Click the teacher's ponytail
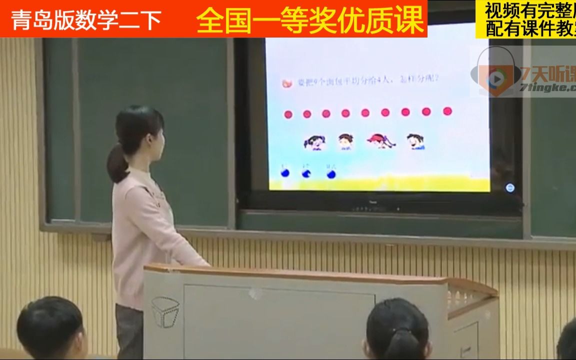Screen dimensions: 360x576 coord(117,162)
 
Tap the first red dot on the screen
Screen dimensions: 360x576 coord(288,114)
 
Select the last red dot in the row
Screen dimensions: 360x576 coord(447,111)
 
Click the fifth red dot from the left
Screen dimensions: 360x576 coord(365,113)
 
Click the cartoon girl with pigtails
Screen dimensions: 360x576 coord(313,142)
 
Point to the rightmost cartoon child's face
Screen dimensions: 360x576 coord(414,141)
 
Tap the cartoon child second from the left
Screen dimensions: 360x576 coord(344,141)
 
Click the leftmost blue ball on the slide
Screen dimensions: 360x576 coord(284,173)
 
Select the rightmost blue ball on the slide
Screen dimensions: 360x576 coord(330,173)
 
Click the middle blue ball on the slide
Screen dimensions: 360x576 coord(306,173)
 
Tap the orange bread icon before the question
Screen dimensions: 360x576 coord(287,83)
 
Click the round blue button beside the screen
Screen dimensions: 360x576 coord(510,188)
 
